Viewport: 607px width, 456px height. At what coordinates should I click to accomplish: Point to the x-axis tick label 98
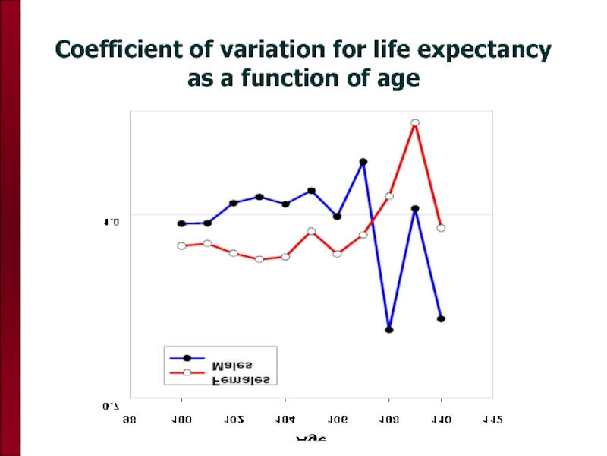[x=130, y=419]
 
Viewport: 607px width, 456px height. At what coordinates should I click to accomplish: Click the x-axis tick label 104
[x=285, y=419]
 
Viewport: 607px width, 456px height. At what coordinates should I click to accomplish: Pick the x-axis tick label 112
[x=492, y=419]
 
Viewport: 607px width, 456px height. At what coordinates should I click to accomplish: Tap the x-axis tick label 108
[x=388, y=419]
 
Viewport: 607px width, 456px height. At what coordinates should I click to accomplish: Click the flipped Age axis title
[x=311, y=439]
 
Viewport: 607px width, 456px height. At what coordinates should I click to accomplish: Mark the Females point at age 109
[x=415, y=123]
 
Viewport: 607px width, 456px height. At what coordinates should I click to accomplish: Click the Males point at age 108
[x=389, y=330]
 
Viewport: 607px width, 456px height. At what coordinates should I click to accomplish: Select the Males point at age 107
[x=363, y=162]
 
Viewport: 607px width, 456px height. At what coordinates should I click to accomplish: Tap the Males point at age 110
[x=441, y=319]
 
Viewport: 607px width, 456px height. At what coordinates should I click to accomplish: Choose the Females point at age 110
[x=441, y=228]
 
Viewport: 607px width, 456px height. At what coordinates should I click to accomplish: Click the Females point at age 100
[x=181, y=245]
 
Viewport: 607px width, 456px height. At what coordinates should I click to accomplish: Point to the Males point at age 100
[x=181, y=223]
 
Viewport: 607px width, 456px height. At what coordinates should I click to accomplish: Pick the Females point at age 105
[x=311, y=231]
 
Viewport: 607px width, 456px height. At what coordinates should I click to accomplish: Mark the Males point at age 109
[x=415, y=209]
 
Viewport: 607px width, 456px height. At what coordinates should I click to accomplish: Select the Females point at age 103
[x=259, y=259]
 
